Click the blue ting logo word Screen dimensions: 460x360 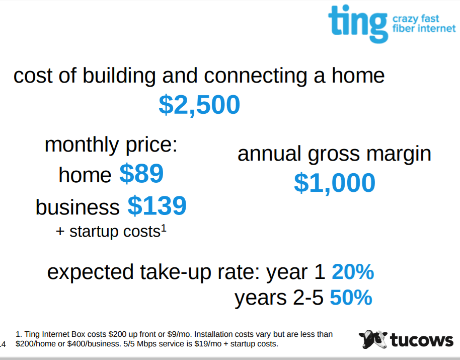(358, 24)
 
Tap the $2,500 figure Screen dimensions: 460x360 (199, 105)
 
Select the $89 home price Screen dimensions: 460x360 (141, 173)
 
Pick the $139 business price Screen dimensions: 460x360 (157, 205)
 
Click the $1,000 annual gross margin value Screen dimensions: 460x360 (335, 183)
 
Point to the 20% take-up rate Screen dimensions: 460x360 (353, 272)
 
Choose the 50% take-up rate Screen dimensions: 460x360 (351, 298)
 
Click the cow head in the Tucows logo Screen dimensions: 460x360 (373, 339)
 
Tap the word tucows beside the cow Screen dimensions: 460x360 (422, 340)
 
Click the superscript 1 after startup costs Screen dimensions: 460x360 (164, 228)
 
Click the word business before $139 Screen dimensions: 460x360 (78, 207)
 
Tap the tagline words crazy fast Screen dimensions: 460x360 (416, 19)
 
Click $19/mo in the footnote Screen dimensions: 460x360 (208, 344)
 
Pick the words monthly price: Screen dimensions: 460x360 (111, 145)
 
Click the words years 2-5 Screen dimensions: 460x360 (279, 298)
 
